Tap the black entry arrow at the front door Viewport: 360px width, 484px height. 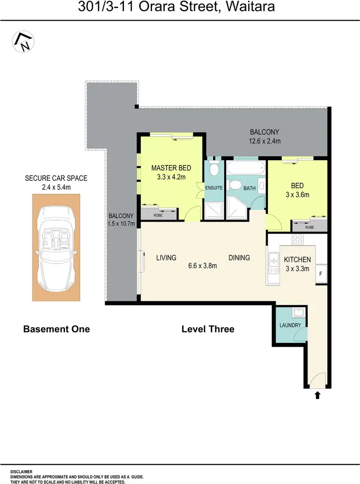(x=317, y=395)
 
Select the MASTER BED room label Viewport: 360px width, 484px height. (x=171, y=168)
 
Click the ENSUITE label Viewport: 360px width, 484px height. (x=214, y=188)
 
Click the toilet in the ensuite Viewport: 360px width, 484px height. (x=215, y=169)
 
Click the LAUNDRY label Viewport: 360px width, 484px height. (x=290, y=325)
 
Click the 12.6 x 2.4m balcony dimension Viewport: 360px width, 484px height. (x=264, y=141)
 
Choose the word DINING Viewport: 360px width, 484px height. (x=239, y=258)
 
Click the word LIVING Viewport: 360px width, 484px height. (x=167, y=258)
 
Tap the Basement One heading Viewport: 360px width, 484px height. (x=57, y=329)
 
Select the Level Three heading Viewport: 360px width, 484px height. (x=208, y=329)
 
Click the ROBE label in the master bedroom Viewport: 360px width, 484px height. (x=158, y=215)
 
